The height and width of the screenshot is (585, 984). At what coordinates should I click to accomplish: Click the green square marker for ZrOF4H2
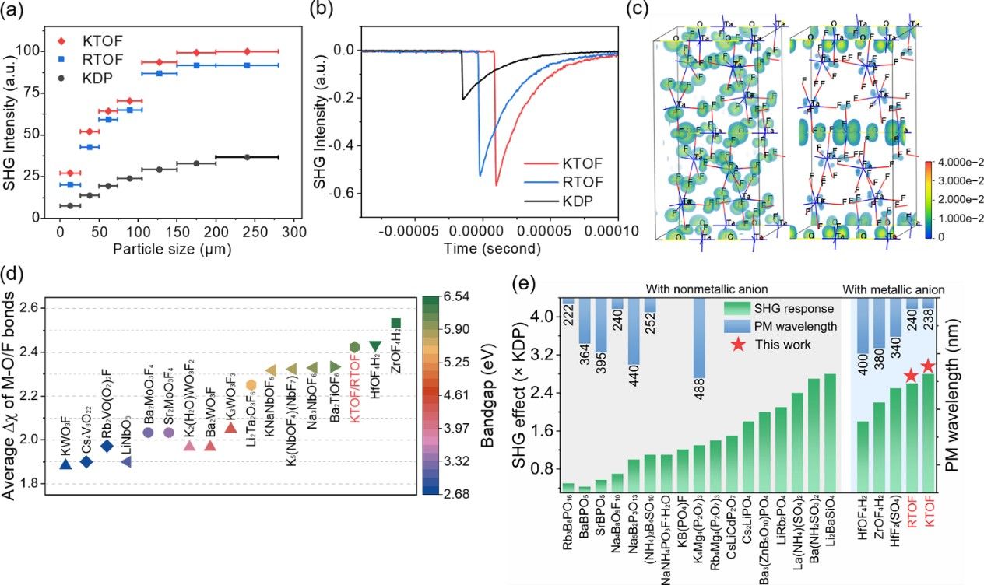click(x=395, y=323)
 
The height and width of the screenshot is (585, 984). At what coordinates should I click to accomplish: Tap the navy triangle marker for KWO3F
click(x=66, y=464)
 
